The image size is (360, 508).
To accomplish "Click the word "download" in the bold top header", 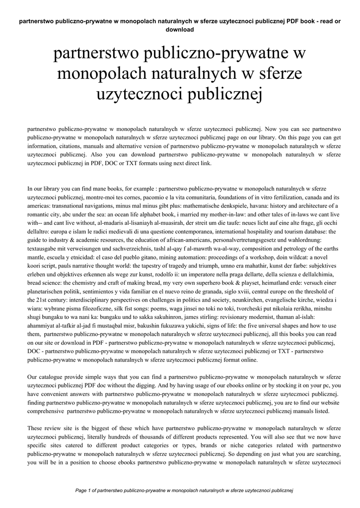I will click(x=179, y=29).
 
